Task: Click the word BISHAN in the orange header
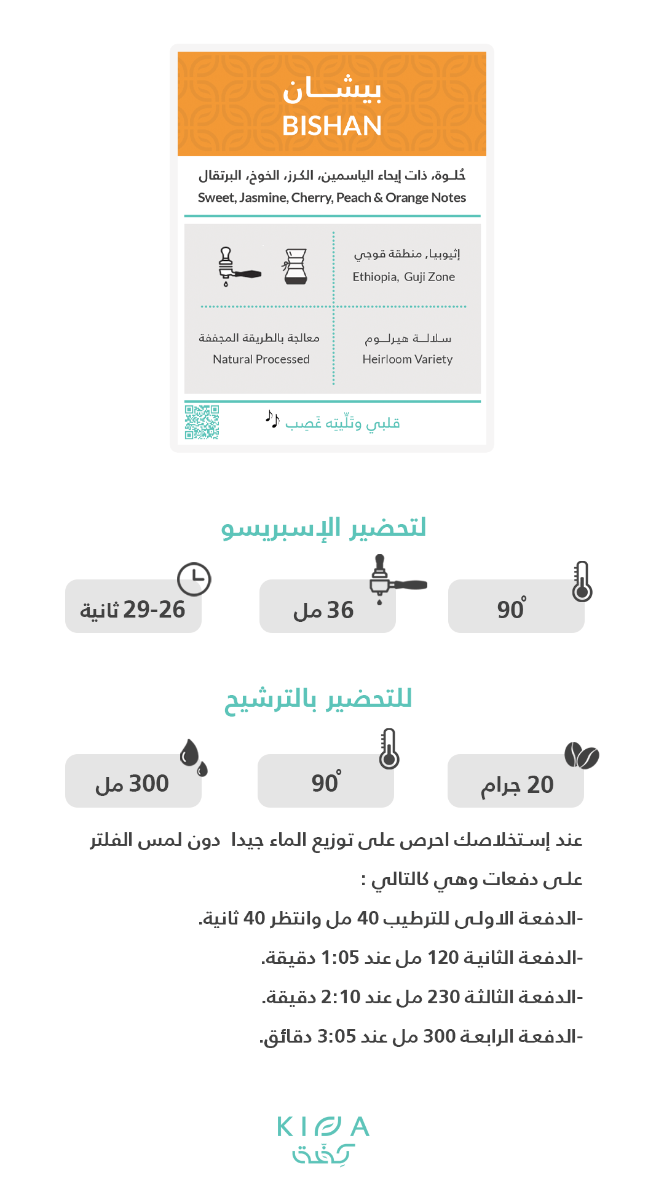pos(332,126)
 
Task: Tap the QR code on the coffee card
pos(202,422)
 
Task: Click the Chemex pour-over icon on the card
pos(296,266)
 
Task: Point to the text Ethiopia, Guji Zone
pos(403,277)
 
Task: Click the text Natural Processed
pos(261,359)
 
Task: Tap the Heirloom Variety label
pos(407,359)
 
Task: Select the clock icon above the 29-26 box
pos(194,579)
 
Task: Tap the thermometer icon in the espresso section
pos(582,581)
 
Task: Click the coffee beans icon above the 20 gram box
pos(581,755)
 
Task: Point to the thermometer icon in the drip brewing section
pos(389,749)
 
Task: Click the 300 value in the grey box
pos(148,784)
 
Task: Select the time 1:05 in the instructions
pos(340,958)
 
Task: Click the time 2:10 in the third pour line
pos(341,997)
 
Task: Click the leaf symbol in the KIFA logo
pos(328,1127)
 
